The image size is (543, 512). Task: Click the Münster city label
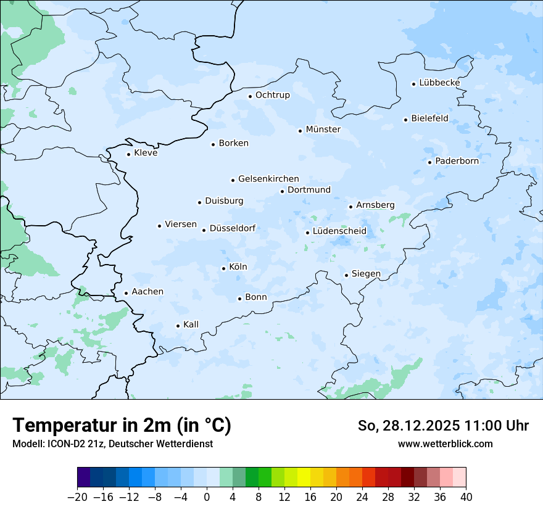pyautogui.click(x=323, y=130)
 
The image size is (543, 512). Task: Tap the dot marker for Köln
pyautogui.click(x=224, y=268)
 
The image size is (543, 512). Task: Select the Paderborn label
pyautogui.click(x=457, y=161)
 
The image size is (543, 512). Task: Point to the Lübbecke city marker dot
pyautogui.click(x=414, y=84)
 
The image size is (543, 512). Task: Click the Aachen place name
pyautogui.click(x=147, y=292)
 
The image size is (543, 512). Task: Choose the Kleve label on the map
pyautogui.click(x=146, y=153)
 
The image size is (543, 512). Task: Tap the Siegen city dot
pyautogui.click(x=347, y=275)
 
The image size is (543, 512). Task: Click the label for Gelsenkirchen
pyautogui.click(x=268, y=179)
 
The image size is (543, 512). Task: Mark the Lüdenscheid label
pyautogui.click(x=339, y=231)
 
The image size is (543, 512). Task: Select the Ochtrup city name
pyautogui.click(x=272, y=95)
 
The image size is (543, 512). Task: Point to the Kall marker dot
pyautogui.click(x=178, y=326)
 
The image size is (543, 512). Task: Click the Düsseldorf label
pyautogui.click(x=233, y=228)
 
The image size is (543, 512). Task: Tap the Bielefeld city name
pyautogui.click(x=429, y=118)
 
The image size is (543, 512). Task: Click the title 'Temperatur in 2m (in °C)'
pyautogui.click(x=122, y=426)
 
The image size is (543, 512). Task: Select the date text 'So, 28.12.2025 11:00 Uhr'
pyautogui.click(x=443, y=426)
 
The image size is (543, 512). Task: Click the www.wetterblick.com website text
pyautogui.click(x=445, y=444)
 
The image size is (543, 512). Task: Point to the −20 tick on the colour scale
pyautogui.click(x=77, y=497)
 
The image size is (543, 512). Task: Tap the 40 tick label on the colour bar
pyautogui.click(x=466, y=497)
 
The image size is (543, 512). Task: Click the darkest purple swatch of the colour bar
pyautogui.click(x=84, y=477)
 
